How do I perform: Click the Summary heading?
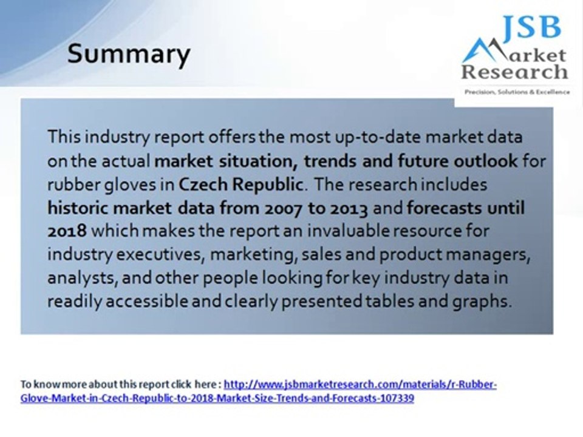[x=128, y=54]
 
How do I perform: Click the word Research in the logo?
[x=514, y=72]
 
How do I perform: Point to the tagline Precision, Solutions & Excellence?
[x=517, y=92]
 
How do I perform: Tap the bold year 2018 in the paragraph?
[x=67, y=231]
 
